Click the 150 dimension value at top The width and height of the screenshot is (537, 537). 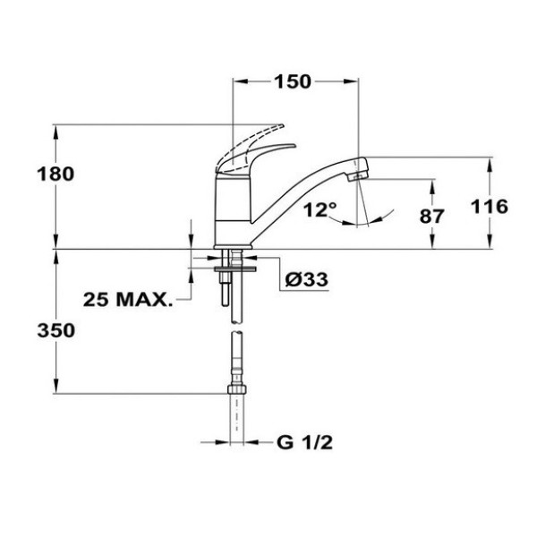tap(293, 81)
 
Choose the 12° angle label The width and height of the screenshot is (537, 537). tap(320, 210)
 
